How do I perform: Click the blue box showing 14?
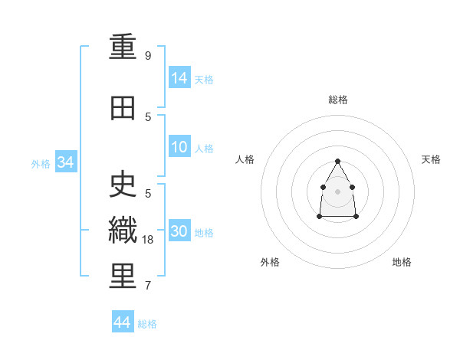click(x=179, y=77)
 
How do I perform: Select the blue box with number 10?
click(x=179, y=147)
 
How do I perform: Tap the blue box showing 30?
click(x=179, y=231)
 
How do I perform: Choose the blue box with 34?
click(x=65, y=162)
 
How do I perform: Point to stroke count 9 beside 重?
click(x=148, y=56)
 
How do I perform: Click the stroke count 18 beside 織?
click(x=149, y=240)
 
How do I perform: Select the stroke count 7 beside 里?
click(x=148, y=286)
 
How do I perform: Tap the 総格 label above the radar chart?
click(x=338, y=100)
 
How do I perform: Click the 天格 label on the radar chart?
click(x=431, y=159)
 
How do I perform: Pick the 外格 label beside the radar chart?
click(x=270, y=262)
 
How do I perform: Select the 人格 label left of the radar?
click(x=245, y=159)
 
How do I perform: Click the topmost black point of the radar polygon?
click(x=338, y=161)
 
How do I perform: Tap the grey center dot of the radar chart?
click(x=338, y=191)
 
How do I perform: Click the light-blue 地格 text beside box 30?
click(x=205, y=233)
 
